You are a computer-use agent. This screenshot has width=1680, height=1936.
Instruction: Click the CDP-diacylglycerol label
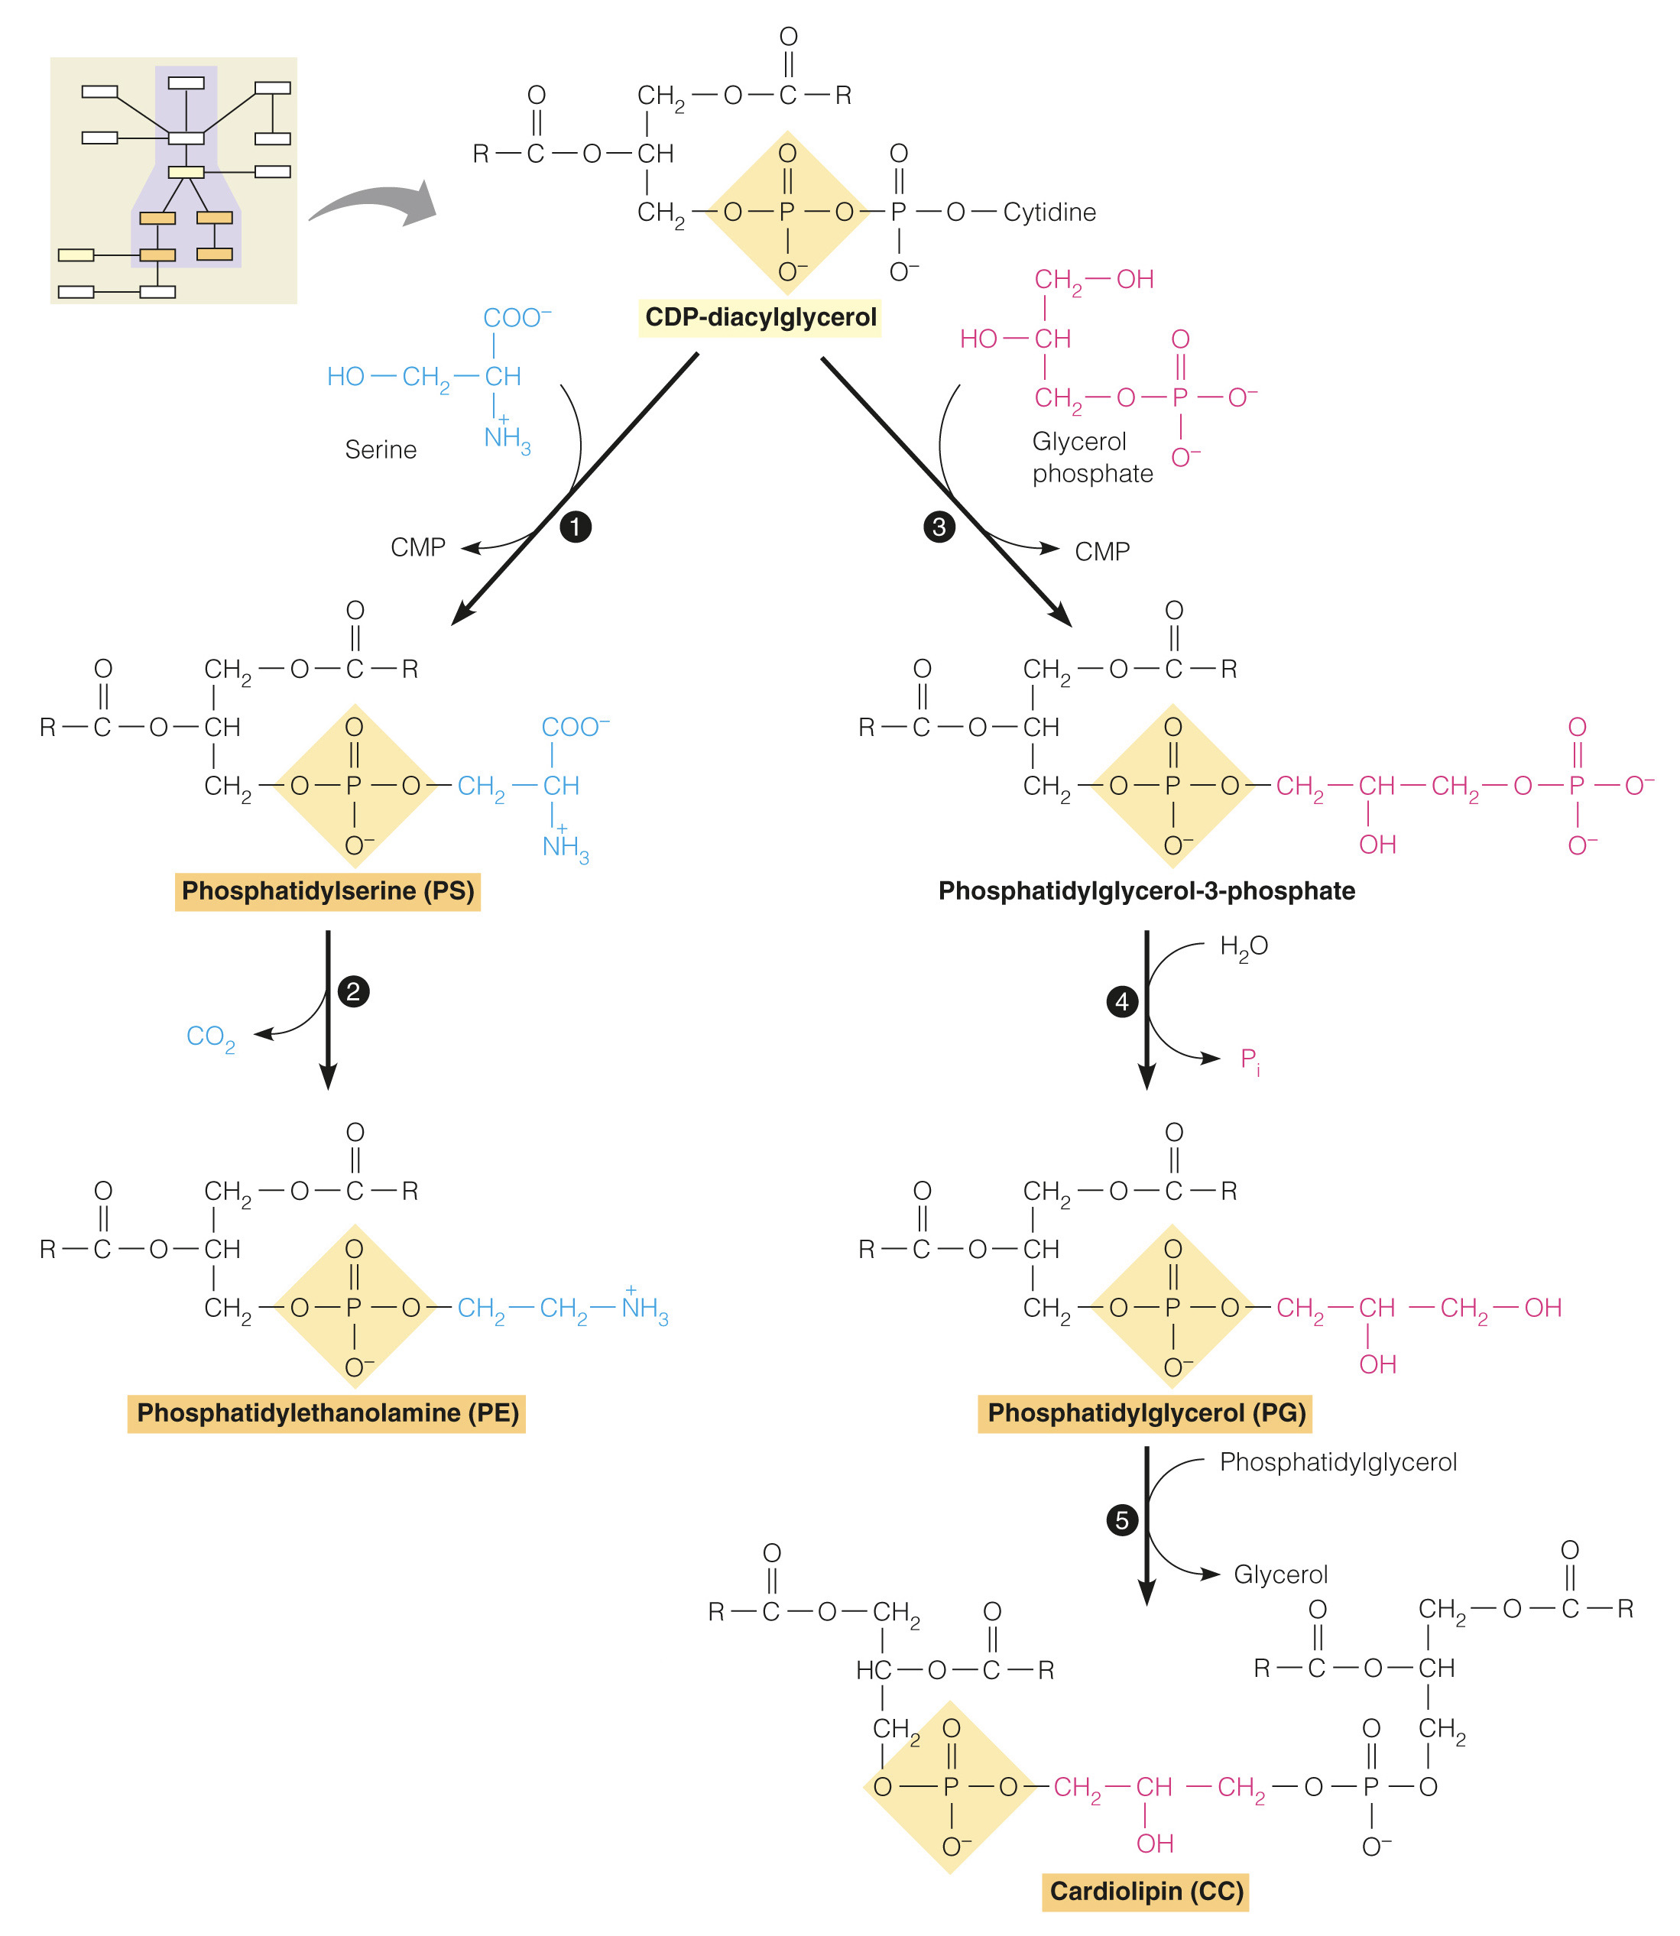pos(761,317)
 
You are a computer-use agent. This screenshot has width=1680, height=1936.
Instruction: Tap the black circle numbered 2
pos(353,992)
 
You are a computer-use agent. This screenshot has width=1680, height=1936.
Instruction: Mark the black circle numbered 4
pos(1121,1002)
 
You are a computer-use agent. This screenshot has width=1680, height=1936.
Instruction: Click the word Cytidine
pos(1049,212)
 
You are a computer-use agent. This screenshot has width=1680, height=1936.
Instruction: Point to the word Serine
pos(381,450)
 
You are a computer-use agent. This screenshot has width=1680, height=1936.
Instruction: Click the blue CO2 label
pos(210,1037)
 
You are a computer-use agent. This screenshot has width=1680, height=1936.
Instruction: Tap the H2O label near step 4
pos(1243,947)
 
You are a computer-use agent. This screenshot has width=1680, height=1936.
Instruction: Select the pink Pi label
pos(1250,1060)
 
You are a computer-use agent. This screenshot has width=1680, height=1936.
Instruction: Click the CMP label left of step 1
pos(417,547)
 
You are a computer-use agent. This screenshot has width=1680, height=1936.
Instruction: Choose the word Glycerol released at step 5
pos(1279,1574)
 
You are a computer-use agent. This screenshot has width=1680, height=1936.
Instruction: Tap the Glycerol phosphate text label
pos(1092,458)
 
